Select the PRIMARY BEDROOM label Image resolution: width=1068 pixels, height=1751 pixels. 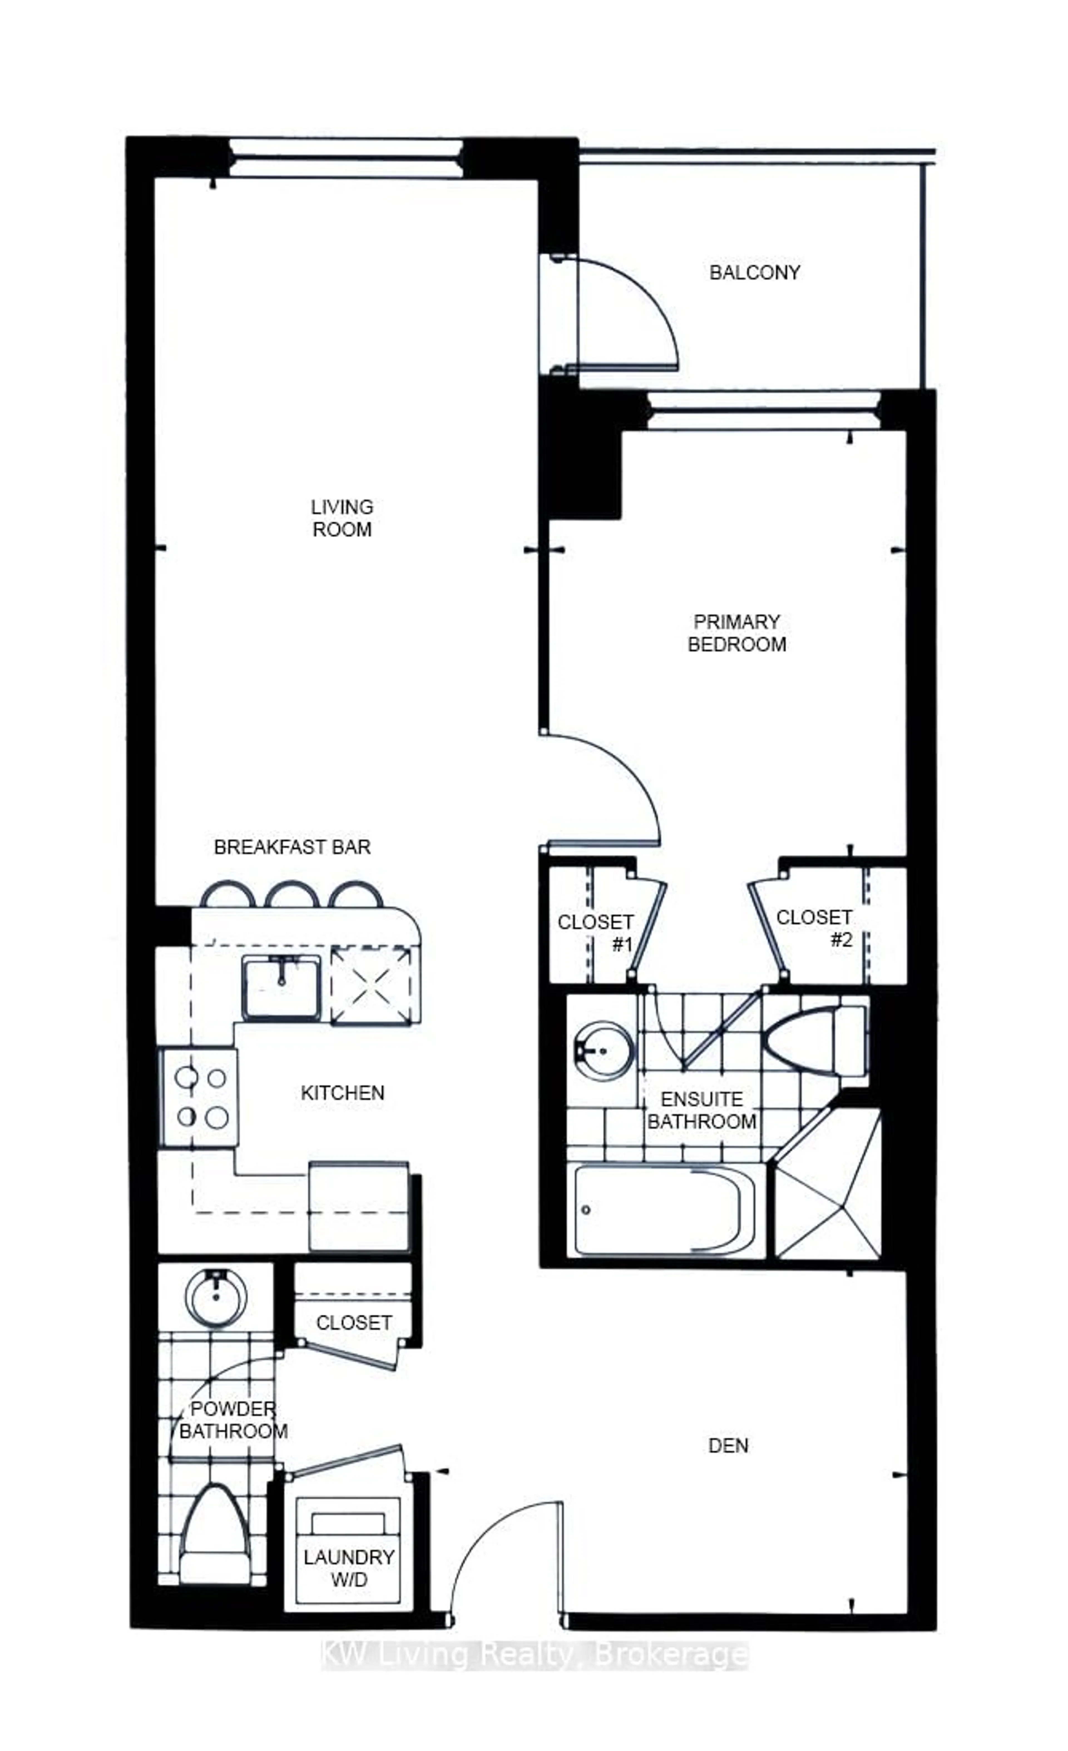click(x=737, y=633)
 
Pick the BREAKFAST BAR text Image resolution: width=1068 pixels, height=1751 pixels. click(x=292, y=847)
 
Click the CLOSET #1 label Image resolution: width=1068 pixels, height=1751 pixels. click(x=595, y=932)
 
